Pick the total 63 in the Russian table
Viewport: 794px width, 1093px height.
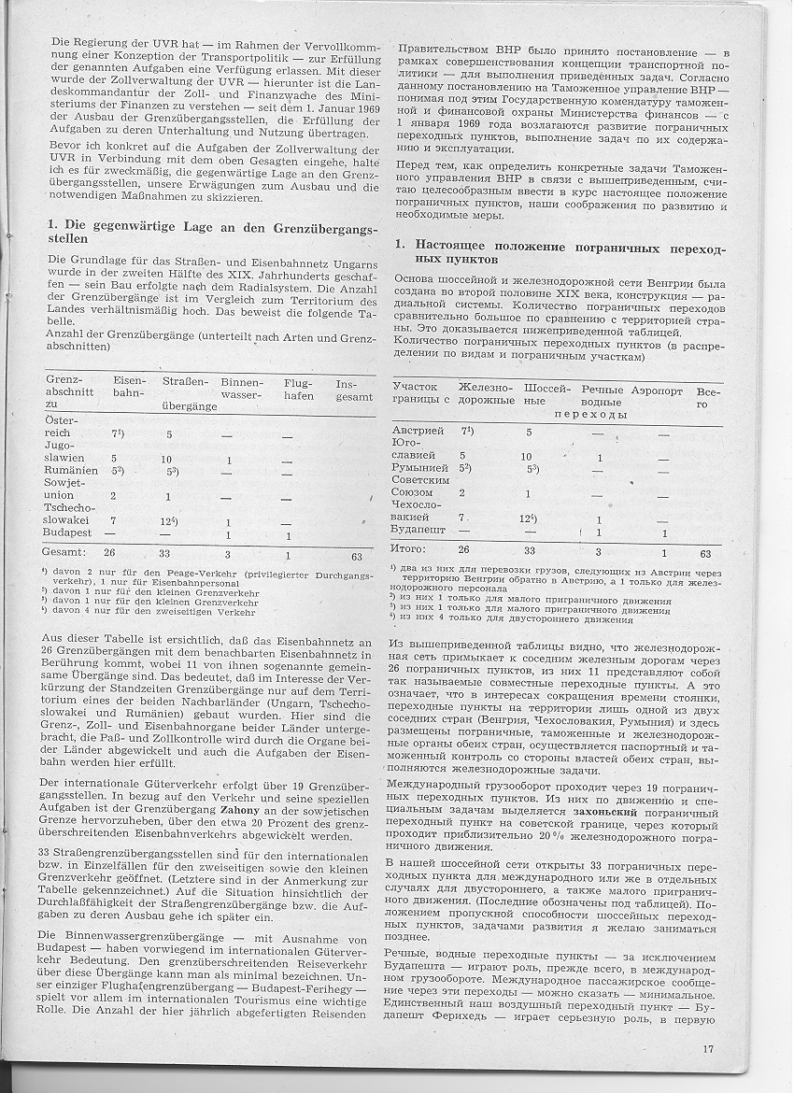pyautogui.click(x=704, y=553)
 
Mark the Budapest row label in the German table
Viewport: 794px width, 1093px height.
pyautogui.click(x=68, y=531)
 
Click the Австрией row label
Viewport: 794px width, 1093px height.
pyautogui.click(x=418, y=430)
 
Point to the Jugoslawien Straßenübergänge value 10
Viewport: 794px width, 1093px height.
pyautogui.click(x=166, y=459)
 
